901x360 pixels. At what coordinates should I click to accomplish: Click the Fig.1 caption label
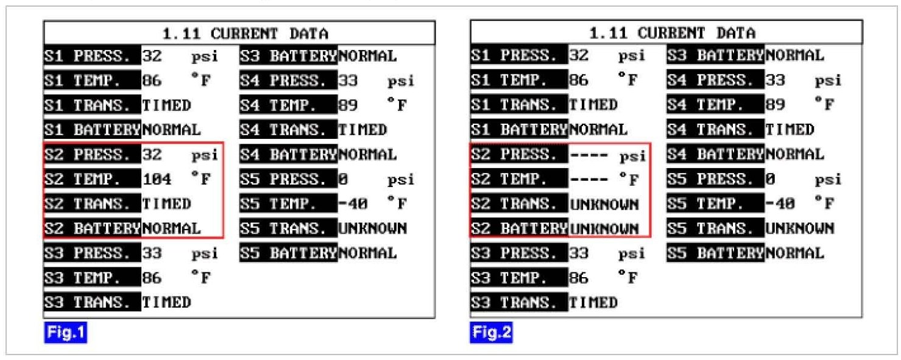pyautogui.click(x=65, y=334)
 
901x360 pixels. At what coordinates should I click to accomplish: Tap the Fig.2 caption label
pyautogui.click(x=491, y=334)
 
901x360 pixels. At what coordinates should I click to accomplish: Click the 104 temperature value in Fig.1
pyautogui.click(x=157, y=180)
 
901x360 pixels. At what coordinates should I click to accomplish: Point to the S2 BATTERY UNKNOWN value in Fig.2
pyautogui.click(x=604, y=229)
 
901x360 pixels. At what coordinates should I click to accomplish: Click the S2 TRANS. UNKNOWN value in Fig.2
pyautogui.click(x=604, y=204)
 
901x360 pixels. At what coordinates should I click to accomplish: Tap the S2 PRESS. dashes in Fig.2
pyautogui.click(x=589, y=155)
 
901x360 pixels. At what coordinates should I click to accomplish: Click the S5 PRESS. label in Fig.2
pyautogui.click(x=715, y=180)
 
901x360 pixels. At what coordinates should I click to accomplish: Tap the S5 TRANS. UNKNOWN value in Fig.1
pyautogui.click(x=372, y=229)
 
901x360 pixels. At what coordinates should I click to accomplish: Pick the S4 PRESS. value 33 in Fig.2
pyautogui.click(x=775, y=80)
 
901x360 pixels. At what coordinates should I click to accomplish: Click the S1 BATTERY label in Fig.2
pyautogui.click(x=518, y=130)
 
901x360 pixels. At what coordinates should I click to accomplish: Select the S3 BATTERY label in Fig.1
pyautogui.click(x=288, y=56)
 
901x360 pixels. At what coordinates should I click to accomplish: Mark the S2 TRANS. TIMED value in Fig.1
pyautogui.click(x=166, y=204)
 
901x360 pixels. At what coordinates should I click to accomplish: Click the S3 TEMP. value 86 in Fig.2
pyautogui.click(x=579, y=278)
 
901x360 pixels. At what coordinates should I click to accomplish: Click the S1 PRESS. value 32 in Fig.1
pyautogui.click(x=152, y=56)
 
